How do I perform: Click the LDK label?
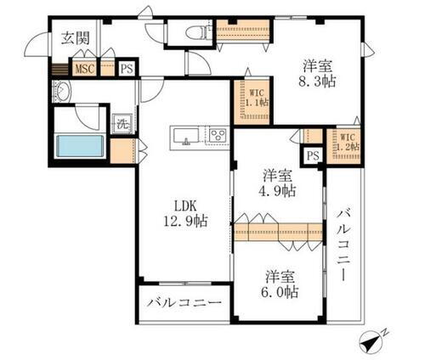pos(186,205)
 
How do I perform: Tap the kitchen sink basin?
pos(184,136)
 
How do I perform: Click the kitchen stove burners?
pos(216,136)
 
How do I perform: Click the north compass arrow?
pos(371,340)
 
